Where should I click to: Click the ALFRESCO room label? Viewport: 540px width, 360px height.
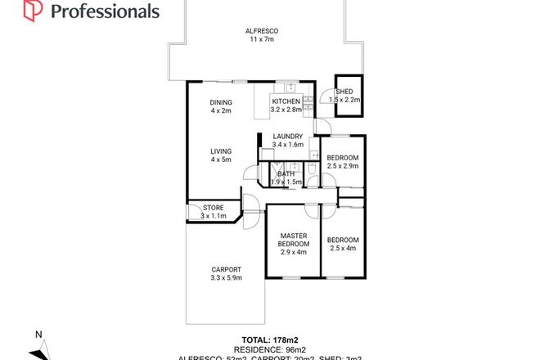[262, 32]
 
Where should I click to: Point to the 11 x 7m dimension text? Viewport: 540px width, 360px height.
[262, 40]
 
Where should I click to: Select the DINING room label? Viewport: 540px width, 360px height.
[221, 102]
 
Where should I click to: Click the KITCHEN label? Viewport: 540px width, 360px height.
[286, 102]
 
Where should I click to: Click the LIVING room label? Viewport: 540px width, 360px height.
[221, 151]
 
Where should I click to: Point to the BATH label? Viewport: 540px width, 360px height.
[286, 173]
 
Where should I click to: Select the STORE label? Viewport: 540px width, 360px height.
[214, 209]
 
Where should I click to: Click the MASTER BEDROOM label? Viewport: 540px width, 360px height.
[292, 240]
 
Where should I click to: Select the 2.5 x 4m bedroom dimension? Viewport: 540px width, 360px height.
[341, 248]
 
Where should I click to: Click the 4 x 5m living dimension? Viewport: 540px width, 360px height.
[221, 160]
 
